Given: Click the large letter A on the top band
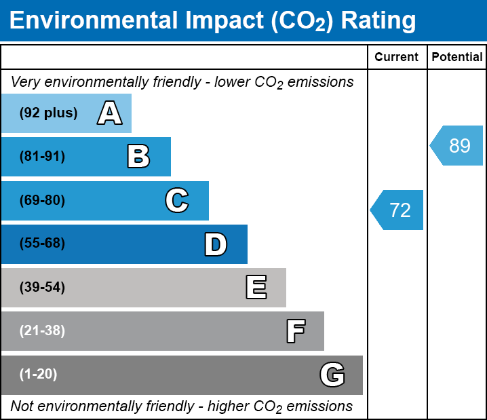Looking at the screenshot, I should point(110,113).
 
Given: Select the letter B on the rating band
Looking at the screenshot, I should point(138,157).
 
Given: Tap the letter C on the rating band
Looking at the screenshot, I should point(176,201).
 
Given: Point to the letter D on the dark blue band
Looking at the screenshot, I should point(216,244).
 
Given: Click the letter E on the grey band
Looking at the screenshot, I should point(256,288).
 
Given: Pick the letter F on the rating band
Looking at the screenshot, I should point(295,331).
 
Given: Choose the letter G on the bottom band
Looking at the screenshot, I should point(332,375).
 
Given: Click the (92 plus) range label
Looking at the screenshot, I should point(48,113).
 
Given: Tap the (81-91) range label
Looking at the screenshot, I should point(42,157).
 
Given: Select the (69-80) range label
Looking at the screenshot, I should point(42,201).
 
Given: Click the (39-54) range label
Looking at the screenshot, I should point(42,288).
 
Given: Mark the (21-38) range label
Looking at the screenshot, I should point(42,331).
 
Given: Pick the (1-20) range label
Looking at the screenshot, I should point(39,375).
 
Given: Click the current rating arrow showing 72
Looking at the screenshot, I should point(398,210).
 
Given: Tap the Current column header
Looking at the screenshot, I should point(397,58).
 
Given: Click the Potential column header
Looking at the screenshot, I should point(457,58).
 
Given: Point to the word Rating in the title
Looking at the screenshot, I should point(378,21).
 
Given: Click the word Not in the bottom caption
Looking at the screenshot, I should point(22,406).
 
